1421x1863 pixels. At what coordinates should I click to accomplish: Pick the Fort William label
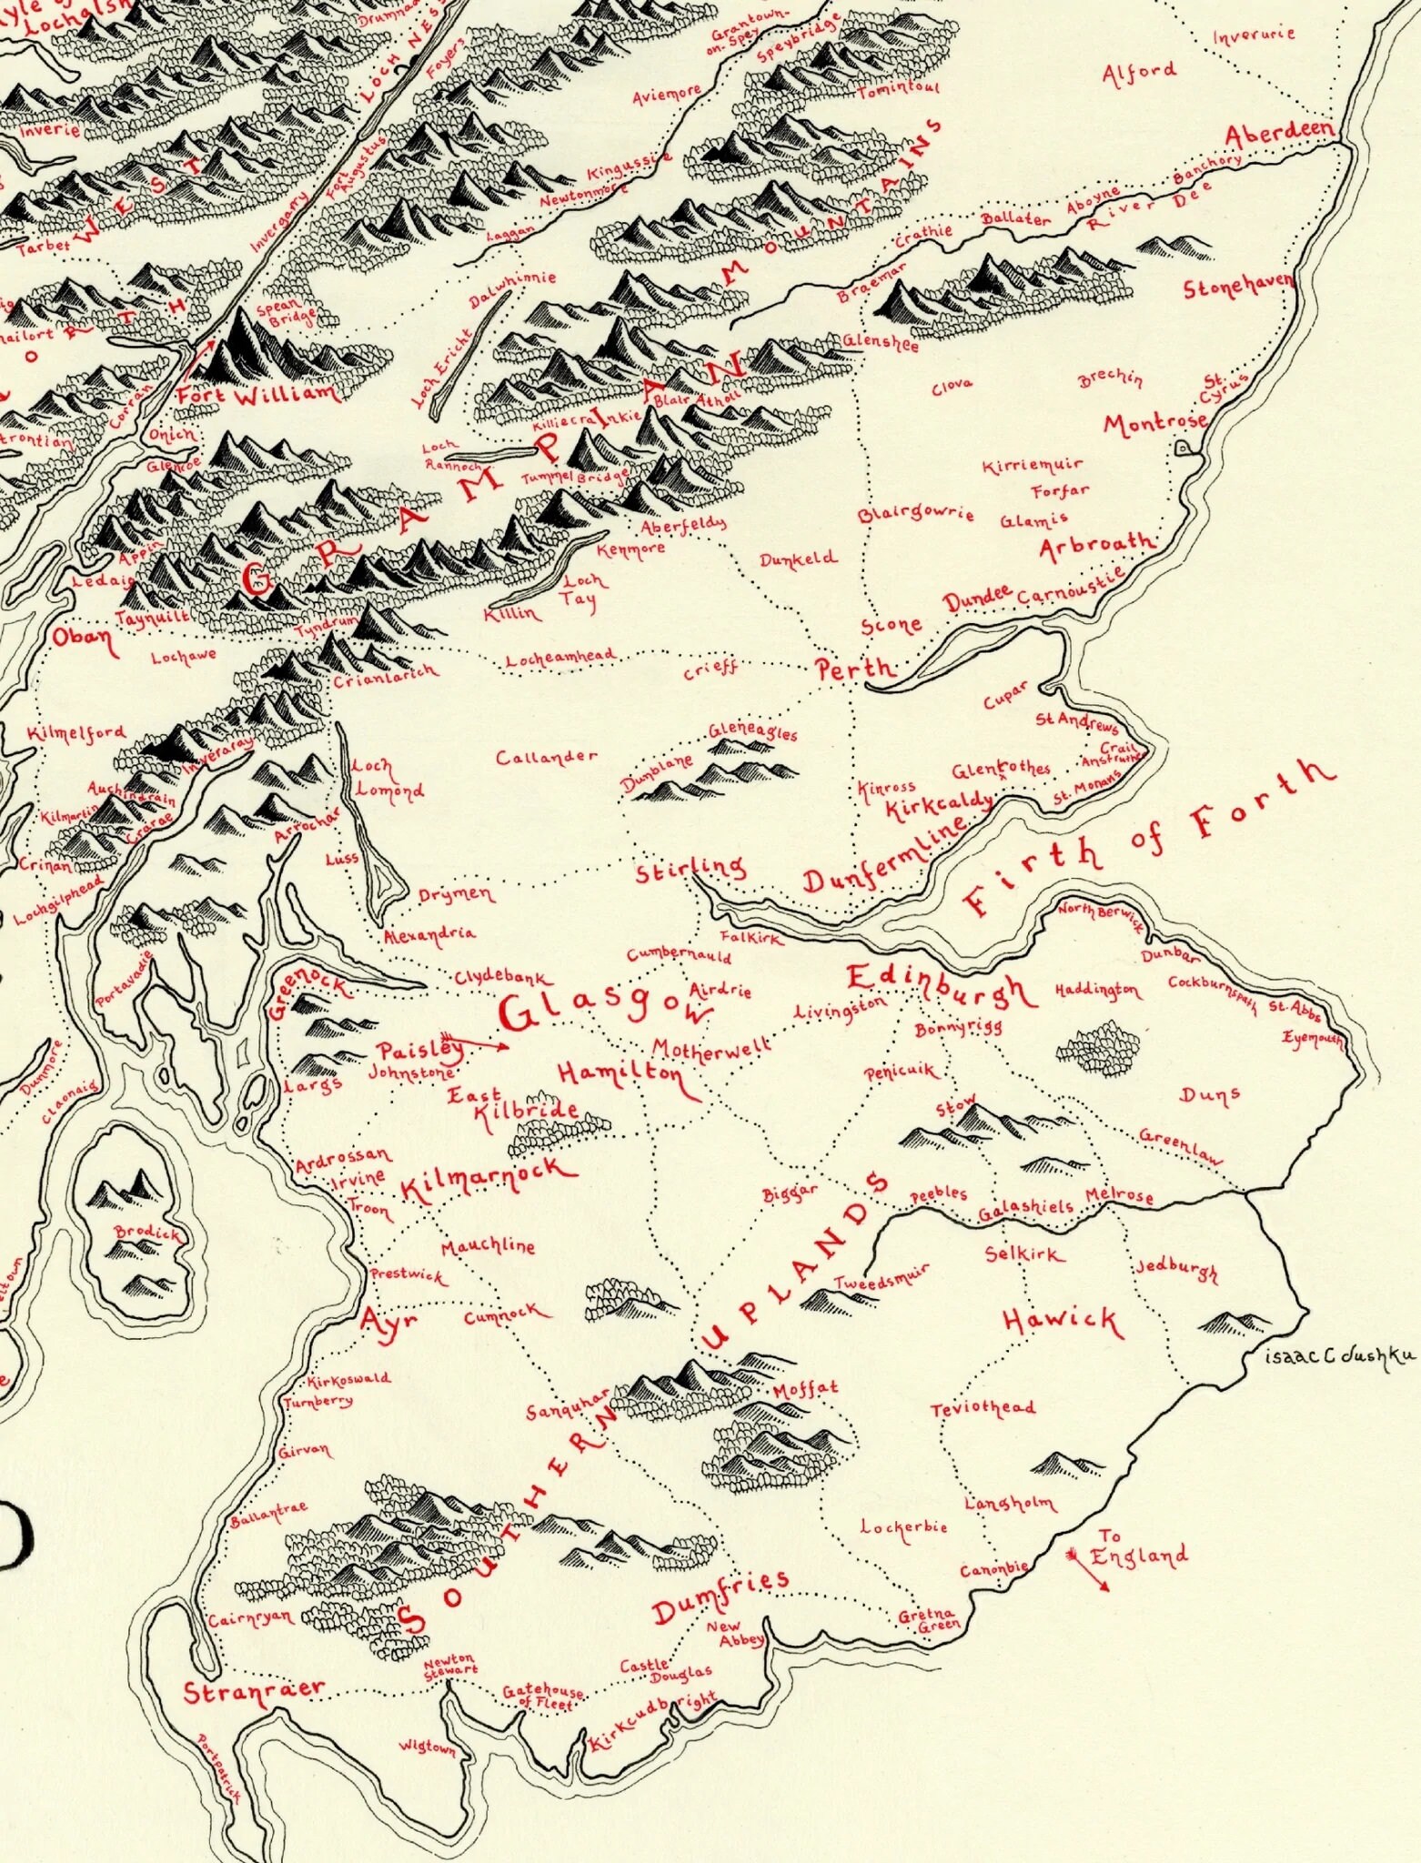pos(257,395)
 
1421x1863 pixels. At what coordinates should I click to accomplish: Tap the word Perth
pos(854,670)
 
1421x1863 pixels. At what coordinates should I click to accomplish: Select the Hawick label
pos(1062,1321)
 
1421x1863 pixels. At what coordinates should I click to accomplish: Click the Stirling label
pos(690,870)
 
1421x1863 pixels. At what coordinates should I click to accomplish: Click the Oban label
pos(85,638)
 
